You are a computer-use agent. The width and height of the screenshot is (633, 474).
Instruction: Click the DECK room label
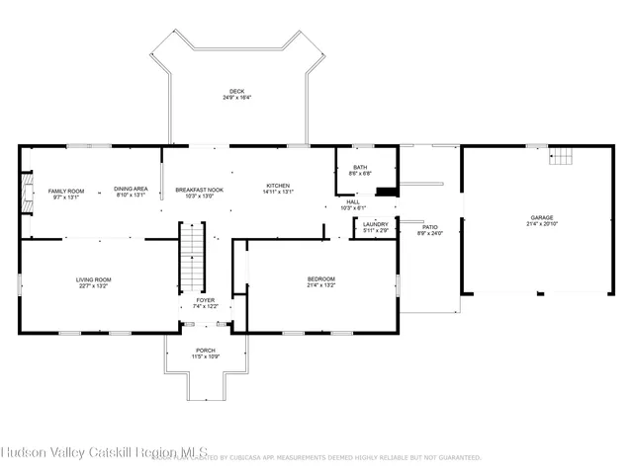pyautogui.click(x=236, y=91)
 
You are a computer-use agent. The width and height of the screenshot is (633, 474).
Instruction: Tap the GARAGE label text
pyautogui.click(x=541, y=217)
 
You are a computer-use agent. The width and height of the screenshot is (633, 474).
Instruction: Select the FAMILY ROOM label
pyautogui.click(x=68, y=191)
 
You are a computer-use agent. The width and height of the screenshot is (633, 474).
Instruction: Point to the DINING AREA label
pyautogui.click(x=131, y=189)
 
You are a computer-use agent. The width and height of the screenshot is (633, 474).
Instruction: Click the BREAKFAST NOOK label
pyautogui.click(x=199, y=189)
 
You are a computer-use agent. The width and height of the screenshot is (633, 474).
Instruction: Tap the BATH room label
pyautogui.click(x=360, y=167)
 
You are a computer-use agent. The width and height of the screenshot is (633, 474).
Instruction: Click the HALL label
pyautogui.click(x=353, y=201)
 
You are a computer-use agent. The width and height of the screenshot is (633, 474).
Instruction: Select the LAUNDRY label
pyautogui.click(x=375, y=224)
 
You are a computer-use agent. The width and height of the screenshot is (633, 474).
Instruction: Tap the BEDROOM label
pyautogui.click(x=321, y=278)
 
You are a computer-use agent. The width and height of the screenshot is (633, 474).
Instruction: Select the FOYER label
pyautogui.click(x=205, y=299)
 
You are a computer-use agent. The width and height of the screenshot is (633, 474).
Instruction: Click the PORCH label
pyautogui.click(x=205, y=350)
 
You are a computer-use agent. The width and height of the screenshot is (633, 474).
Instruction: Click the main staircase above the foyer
pyautogui.click(x=192, y=254)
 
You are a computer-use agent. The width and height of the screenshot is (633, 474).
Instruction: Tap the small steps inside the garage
pyautogui.click(x=561, y=157)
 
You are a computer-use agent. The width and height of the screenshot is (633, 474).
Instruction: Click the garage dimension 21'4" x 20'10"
pyautogui.click(x=541, y=224)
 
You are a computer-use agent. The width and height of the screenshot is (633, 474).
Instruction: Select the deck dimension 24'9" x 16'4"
pyautogui.click(x=236, y=98)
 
